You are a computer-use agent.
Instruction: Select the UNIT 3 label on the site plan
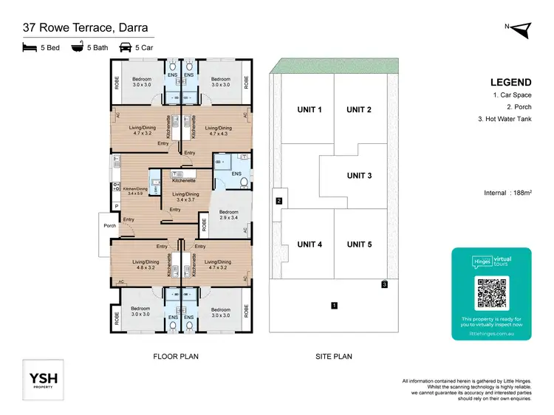coord(359,176)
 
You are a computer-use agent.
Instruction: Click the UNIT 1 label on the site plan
coord(310,110)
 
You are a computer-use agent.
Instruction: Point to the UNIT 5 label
coord(359,244)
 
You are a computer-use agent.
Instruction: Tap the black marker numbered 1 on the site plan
coord(334,304)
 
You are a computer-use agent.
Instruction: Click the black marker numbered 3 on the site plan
coord(384,284)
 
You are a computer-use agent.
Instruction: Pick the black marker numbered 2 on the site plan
coord(278,200)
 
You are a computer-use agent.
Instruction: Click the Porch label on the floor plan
coord(110,226)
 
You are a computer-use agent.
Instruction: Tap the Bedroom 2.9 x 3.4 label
coord(230,215)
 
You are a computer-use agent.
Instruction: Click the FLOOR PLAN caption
coord(176,357)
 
